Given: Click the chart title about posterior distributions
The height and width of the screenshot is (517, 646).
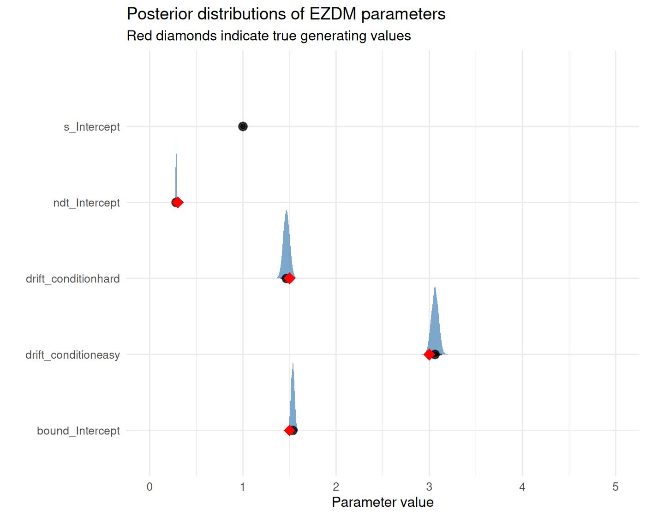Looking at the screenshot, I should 286,14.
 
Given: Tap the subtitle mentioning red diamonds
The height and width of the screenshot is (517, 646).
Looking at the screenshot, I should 269,36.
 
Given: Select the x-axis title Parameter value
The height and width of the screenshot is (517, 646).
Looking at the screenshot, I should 383,502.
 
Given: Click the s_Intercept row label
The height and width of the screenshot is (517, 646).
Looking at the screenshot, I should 92,127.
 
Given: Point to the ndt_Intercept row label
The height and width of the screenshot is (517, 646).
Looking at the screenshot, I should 86,203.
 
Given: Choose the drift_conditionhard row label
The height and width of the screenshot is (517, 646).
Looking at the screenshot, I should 73,279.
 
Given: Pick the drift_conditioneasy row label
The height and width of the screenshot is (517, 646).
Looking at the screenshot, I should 72,355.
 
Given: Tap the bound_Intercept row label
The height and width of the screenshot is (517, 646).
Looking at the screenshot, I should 78,431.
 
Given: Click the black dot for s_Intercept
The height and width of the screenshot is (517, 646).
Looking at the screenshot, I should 243,126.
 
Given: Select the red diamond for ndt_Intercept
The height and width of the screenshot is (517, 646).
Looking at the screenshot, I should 178,202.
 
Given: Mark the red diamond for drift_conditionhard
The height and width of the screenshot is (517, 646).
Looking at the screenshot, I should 289,278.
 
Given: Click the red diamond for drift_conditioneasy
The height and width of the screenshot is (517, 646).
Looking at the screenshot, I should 429,355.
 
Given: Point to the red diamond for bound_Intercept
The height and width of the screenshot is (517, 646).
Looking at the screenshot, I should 289,430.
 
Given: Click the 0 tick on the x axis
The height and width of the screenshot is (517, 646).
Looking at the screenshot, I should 150,487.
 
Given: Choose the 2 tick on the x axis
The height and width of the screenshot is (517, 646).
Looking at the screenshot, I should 336,487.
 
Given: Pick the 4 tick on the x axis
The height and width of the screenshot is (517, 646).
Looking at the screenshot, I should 522,487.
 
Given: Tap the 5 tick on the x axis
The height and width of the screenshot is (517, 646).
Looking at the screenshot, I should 616,487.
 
